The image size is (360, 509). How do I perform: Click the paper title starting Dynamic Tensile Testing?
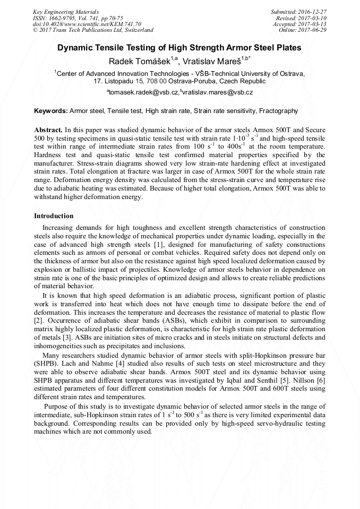(x=179, y=48)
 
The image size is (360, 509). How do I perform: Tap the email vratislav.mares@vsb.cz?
(x=218, y=92)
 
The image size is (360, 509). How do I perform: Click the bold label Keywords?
(x=51, y=111)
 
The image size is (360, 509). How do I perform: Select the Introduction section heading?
(x=54, y=216)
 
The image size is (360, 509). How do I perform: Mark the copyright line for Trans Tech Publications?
(x=93, y=30)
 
